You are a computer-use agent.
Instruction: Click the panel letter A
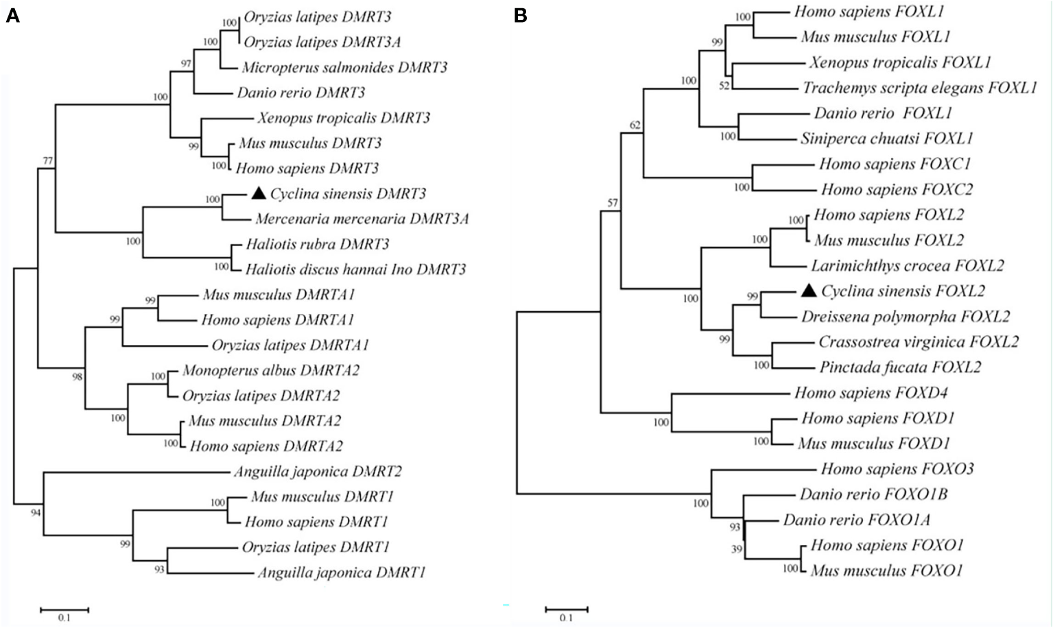click(x=12, y=15)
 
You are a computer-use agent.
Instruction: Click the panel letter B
click(x=521, y=14)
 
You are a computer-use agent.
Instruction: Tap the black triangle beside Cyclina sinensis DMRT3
click(x=258, y=193)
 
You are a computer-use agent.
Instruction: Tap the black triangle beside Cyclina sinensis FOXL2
click(x=809, y=291)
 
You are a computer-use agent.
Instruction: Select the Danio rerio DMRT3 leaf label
click(x=300, y=93)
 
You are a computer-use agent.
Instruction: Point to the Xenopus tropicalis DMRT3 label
click(x=344, y=118)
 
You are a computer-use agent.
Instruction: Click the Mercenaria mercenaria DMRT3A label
click(x=362, y=219)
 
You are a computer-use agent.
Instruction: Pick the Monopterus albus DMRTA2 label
click(x=271, y=370)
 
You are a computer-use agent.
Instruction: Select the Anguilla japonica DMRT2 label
click(x=317, y=472)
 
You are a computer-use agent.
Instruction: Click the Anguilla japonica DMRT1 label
click(x=342, y=572)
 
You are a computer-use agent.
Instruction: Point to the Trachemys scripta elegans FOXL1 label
click(x=919, y=88)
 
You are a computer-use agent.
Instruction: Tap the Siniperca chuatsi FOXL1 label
click(x=886, y=138)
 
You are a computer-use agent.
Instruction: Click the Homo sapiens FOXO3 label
click(x=897, y=469)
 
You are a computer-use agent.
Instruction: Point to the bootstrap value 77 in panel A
click(x=47, y=161)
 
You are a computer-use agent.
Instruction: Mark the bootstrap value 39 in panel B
click(x=737, y=549)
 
